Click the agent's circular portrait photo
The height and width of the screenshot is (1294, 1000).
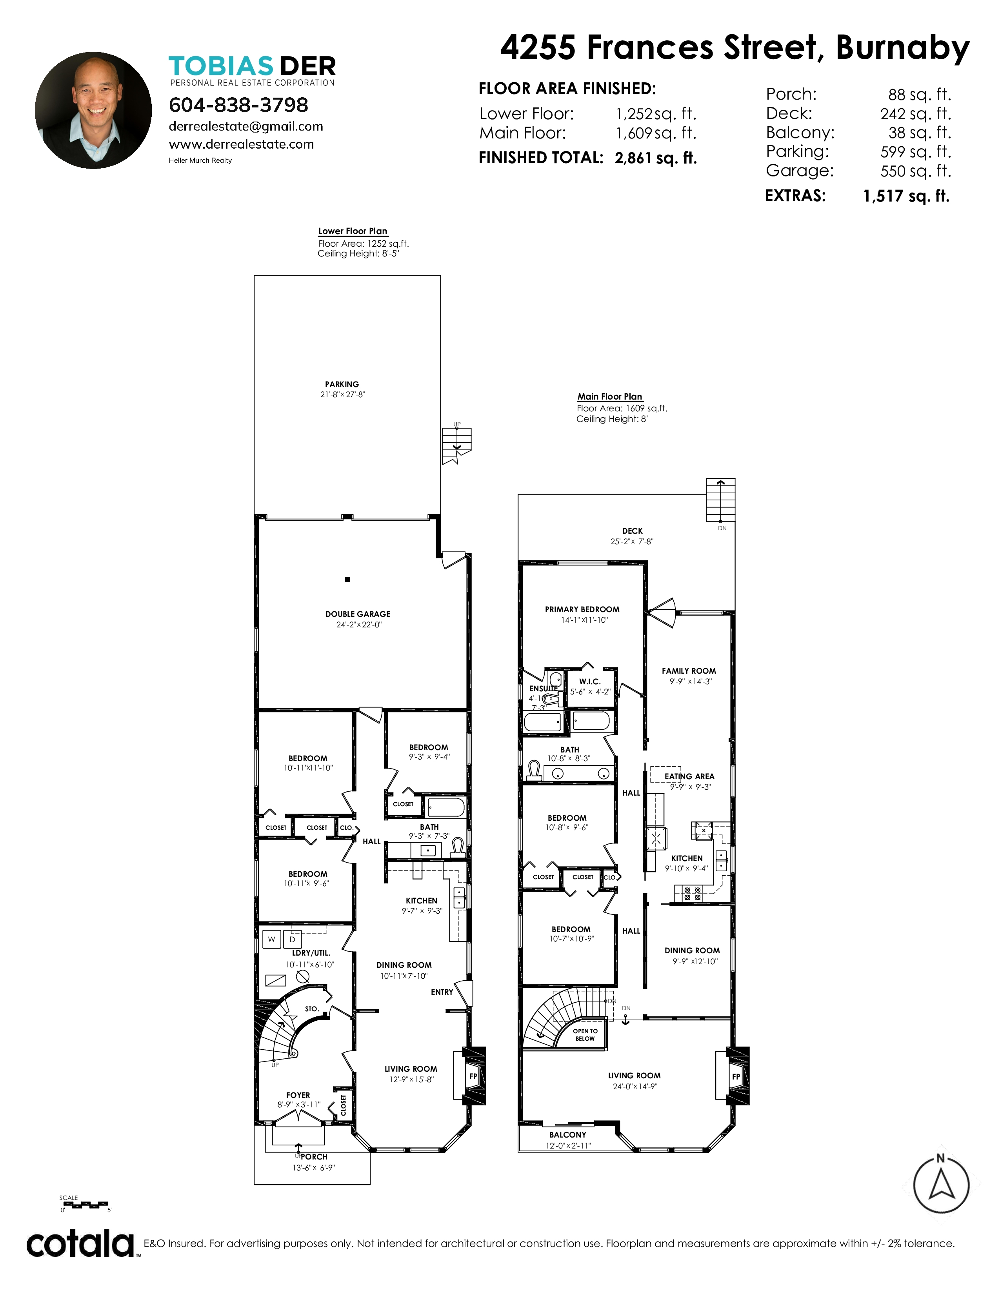[x=93, y=110]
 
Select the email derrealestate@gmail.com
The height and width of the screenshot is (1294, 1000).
[x=246, y=126]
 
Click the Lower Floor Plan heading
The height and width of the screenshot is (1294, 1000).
[x=353, y=231]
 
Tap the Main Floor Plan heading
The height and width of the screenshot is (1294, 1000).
[x=609, y=396]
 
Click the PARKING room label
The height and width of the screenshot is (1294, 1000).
[x=342, y=384]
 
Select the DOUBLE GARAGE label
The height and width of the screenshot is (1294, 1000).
[x=358, y=614]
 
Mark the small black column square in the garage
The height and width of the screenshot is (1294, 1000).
[x=348, y=580]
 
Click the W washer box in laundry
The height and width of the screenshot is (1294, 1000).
[x=272, y=939]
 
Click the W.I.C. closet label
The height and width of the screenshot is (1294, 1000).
[x=590, y=682]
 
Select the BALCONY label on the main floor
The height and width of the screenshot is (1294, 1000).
[x=567, y=1135]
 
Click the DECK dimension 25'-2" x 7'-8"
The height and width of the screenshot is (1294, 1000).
[x=632, y=542]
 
